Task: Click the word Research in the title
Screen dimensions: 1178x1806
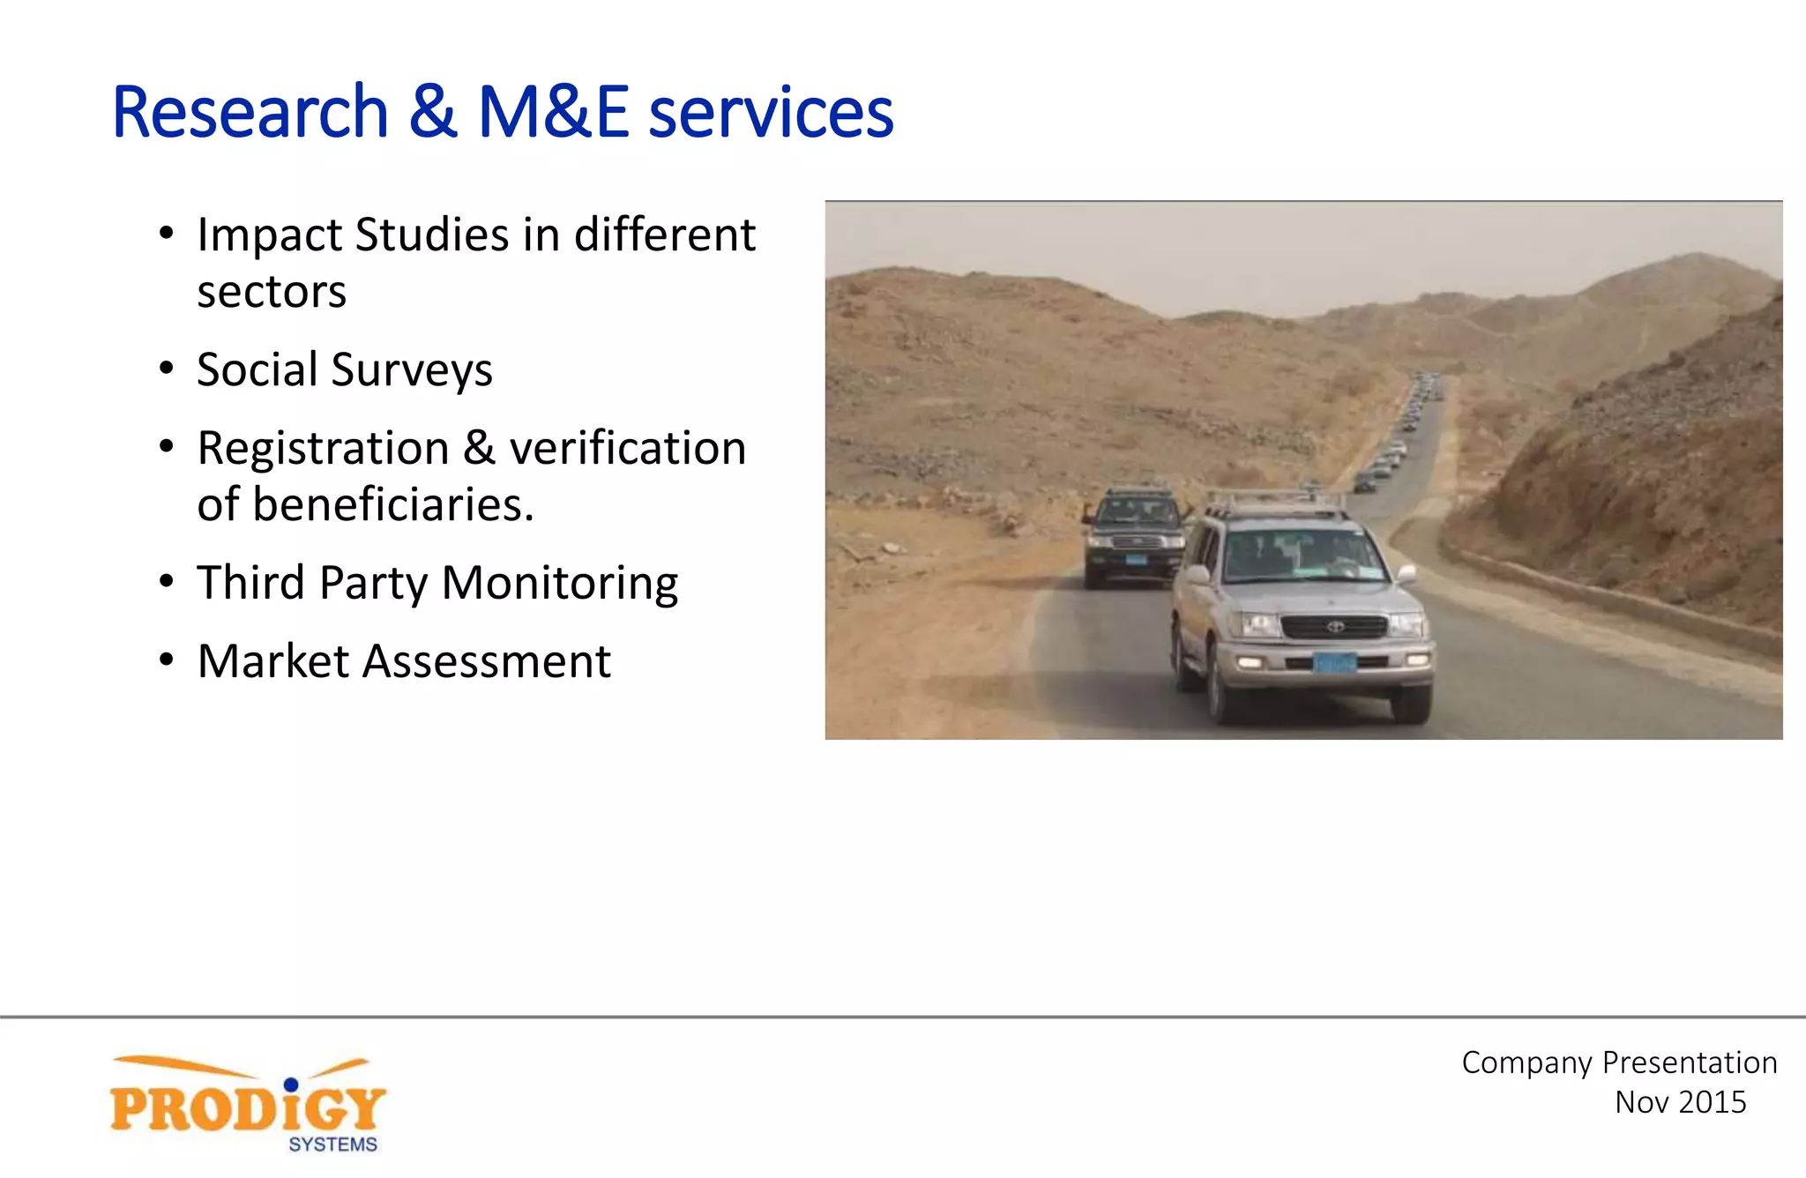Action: (x=250, y=113)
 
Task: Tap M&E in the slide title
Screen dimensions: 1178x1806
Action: (x=553, y=113)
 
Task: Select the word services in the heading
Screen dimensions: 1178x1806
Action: (x=771, y=113)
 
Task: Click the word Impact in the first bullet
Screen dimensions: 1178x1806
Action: (x=269, y=235)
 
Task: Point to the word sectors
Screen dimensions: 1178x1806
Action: (x=272, y=292)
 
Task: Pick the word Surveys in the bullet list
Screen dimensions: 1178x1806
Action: (x=412, y=370)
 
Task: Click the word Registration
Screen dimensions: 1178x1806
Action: (x=323, y=448)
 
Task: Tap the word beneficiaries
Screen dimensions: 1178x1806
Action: (x=393, y=505)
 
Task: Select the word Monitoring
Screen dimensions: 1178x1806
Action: (x=560, y=584)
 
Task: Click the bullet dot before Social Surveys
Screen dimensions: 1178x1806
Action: (x=167, y=369)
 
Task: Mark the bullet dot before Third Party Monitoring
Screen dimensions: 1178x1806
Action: (x=167, y=582)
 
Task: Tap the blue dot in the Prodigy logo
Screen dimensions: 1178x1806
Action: (x=291, y=1084)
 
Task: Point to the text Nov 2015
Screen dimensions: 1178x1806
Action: (x=1680, y=1102)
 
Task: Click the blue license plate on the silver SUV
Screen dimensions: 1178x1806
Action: (x=1333, y=663)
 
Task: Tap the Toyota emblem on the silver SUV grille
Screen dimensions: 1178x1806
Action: (x=1335, y=627)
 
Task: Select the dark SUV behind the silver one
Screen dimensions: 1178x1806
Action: (x=1135, y=534)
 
